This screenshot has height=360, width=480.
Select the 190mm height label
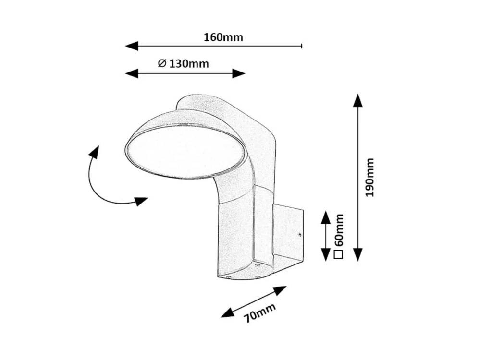point(369,178)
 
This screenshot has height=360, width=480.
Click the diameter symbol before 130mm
point(162,63)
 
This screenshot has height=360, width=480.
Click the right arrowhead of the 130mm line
point(239,73)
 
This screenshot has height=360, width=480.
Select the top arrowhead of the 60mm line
point(326,217)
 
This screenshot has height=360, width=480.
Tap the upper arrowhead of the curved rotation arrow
point(94,152)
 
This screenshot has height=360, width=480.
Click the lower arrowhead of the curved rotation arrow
point(140,201)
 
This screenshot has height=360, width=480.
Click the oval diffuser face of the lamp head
point(186,151)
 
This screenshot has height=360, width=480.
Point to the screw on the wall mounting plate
point(299,235)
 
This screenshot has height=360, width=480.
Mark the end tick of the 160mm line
point(301,46)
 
